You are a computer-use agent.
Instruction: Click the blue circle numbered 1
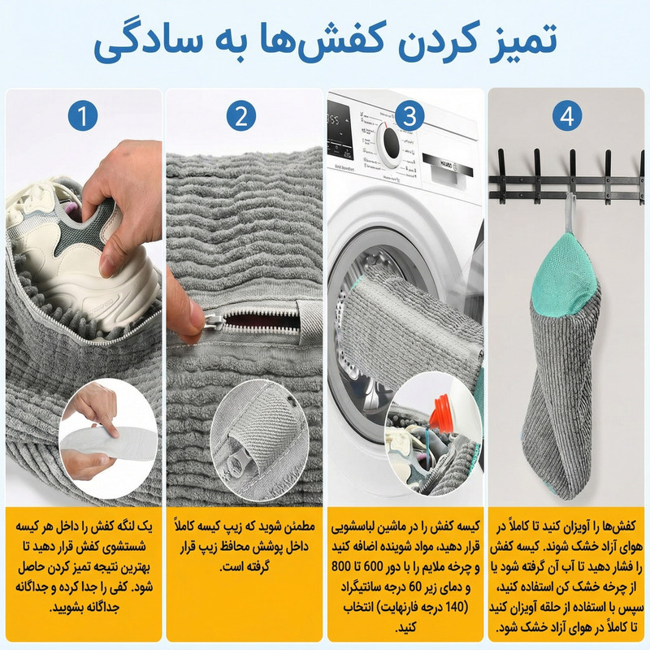(x=83, y=116)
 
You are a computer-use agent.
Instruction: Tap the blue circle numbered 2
(x=241, y=116)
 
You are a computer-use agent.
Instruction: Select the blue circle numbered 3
(x=409, y=116)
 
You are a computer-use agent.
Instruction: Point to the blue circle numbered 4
(x=567, y=116)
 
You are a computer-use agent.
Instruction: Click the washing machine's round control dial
(x=388, y=145)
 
